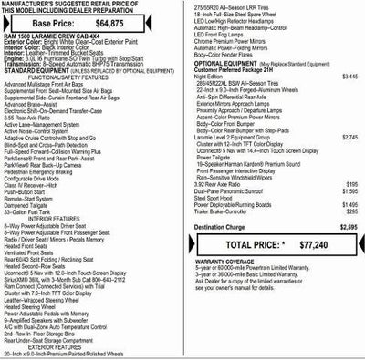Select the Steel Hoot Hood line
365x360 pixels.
point(214,199)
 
